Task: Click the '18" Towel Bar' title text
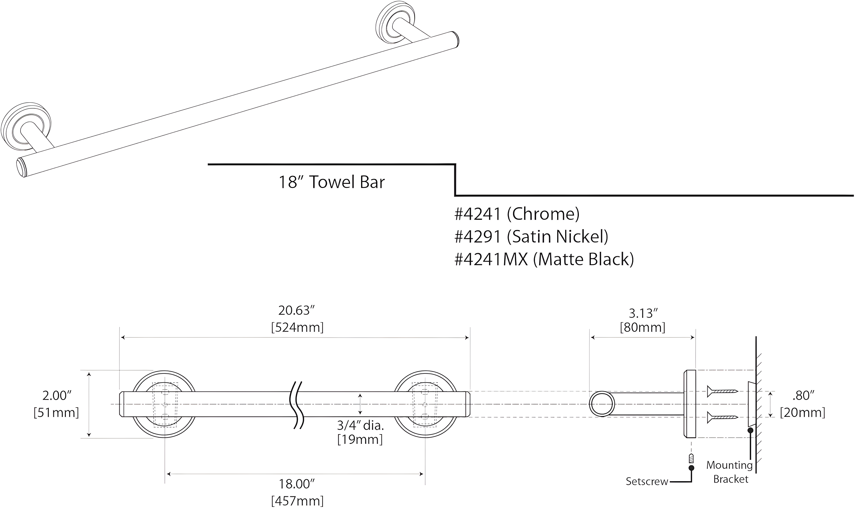(331, 182)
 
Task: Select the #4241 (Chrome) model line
(517, 214)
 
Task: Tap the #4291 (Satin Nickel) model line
(531, 237)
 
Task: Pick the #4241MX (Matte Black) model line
(544, 259)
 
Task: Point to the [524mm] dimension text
(297, 328)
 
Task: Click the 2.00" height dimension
(57, 396)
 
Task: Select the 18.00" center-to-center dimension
(296, 484)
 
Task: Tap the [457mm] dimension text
(297, 501)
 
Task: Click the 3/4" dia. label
(360, 426)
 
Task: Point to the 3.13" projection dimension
(643, 313)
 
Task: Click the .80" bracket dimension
(803, 396)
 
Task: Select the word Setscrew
(647, 482)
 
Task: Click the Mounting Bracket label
(730, 472)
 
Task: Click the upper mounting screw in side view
(722, 391)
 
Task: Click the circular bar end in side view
(602, 404)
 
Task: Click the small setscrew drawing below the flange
(691, 458)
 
